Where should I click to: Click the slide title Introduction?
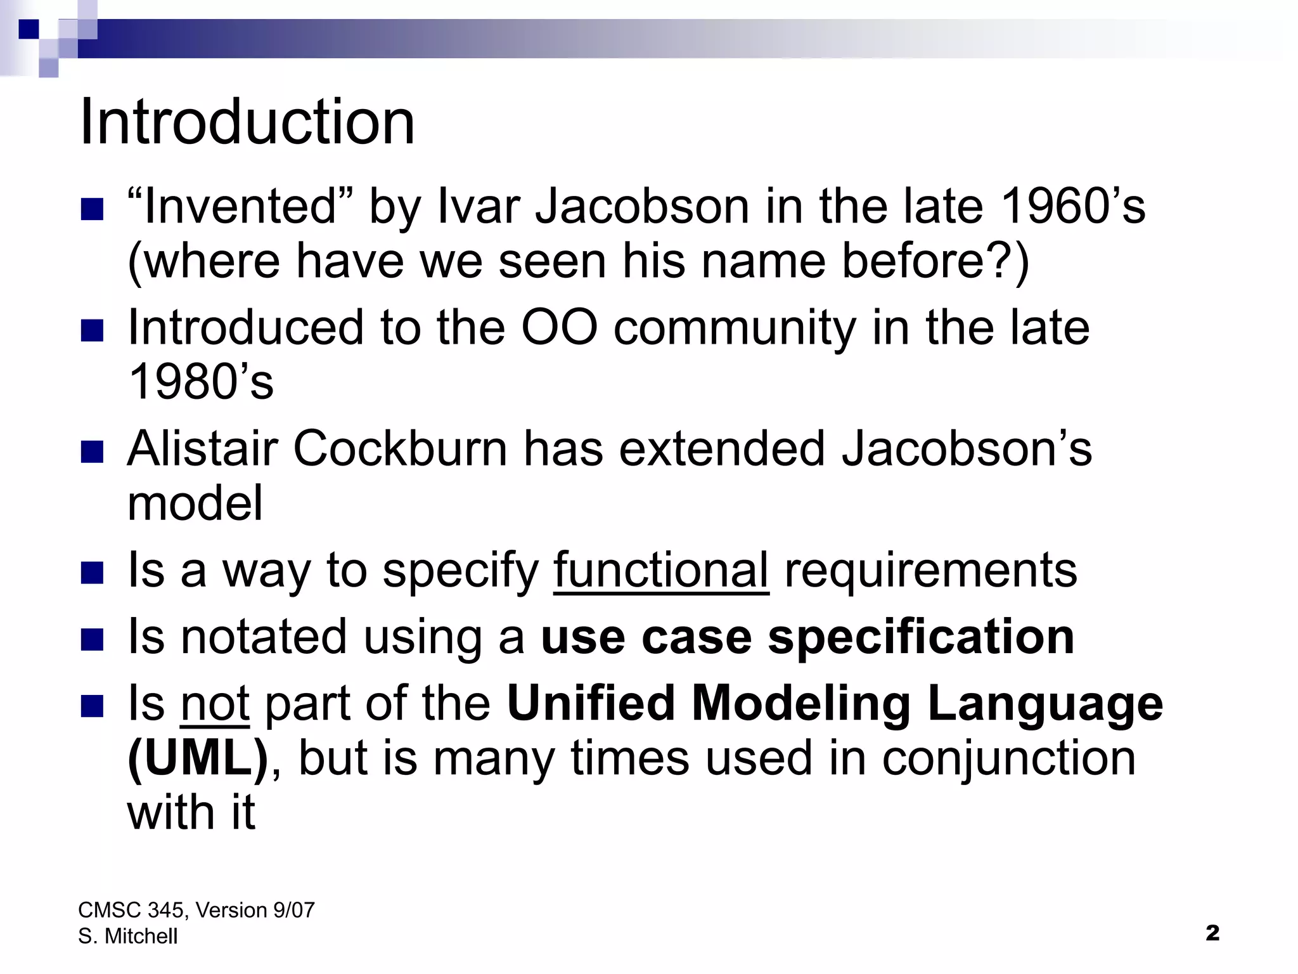(247, 122)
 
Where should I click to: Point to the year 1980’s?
(201, 382)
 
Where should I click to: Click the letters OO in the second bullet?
(559, 327)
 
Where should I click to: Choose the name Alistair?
(202, 448)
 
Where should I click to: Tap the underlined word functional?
(661, 570)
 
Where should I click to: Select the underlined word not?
(215, 703)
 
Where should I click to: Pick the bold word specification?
(921, 637)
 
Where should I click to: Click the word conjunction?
(1008, 758)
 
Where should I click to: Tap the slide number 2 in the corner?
(1212, 933)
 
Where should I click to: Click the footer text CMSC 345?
(131, 910)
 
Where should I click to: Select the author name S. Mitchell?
(127, 936)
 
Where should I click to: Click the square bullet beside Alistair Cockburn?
(93, 453)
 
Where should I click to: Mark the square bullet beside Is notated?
(93, 640)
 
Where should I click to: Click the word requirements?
(930, 570)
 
